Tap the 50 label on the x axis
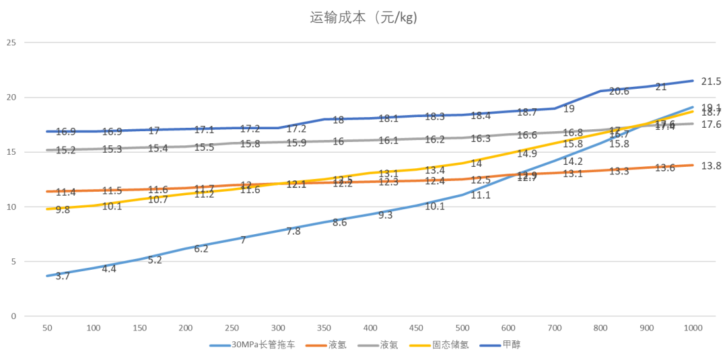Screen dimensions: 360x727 click(47, 328)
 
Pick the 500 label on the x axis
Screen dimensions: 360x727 click(462, 328)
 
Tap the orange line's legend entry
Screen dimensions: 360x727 click(337, 346)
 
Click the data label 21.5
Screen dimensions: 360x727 click(711, 81)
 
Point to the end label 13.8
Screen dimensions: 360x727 click(711, 165)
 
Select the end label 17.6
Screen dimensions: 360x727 click(711, 124)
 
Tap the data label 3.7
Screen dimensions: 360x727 click(63, 277)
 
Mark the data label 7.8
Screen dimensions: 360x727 click(293, 231)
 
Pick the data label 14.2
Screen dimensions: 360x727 click(572, 161)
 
